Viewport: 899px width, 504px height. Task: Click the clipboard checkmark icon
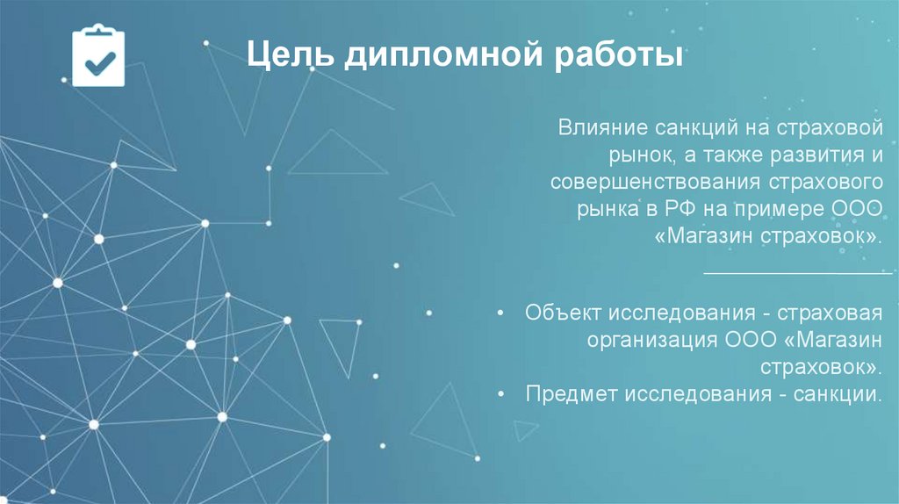98,55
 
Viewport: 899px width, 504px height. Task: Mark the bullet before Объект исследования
500,313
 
